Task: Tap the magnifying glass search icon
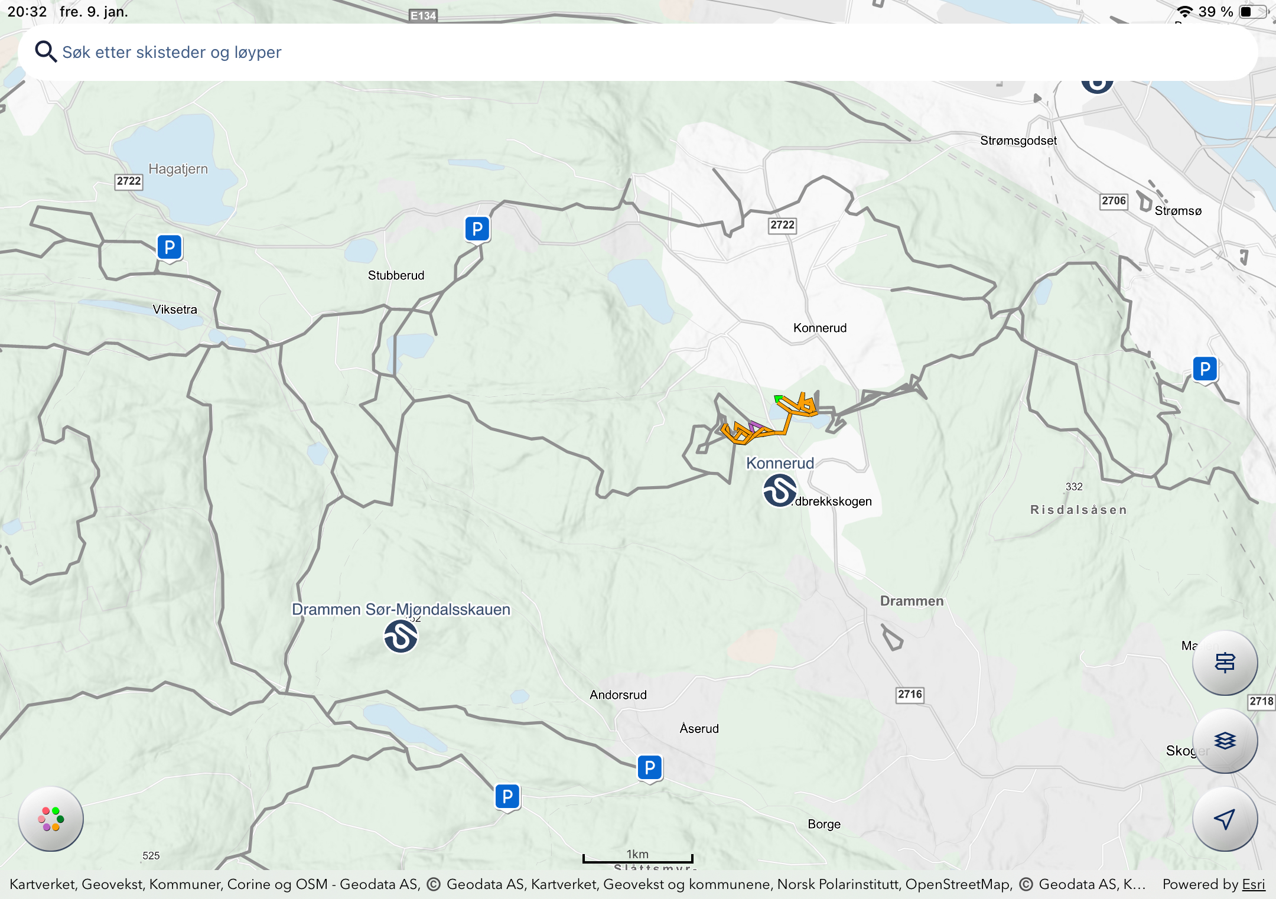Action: click(x=45, y=52)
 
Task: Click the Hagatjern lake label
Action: click(x=178, y=169)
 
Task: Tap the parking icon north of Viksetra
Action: click(x=170, y=247)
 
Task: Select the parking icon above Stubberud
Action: click(x=477, y=229)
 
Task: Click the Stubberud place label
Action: click(x=396, y=275)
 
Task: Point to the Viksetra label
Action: click(x=175, y=310)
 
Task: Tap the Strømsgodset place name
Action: click(x=1018, y=141)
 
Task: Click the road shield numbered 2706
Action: click(x=1114, y=201)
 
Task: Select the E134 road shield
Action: click(x=423, y=15)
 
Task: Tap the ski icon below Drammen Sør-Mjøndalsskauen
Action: click(x=401, y=636)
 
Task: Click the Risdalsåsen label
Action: click(x=1079, y=510)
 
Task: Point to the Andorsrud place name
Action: click(x=618, y=695)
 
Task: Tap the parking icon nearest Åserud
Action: click(x=650, y=767)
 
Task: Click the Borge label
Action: click(x=824, y=824)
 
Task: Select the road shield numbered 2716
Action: click(x=910, y=694)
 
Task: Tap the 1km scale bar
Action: click(x=637, y=858)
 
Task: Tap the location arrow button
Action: click(x=1225, y=819)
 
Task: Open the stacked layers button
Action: click(x=1225, y=740)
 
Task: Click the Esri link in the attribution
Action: click(x=1254, y=884)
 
